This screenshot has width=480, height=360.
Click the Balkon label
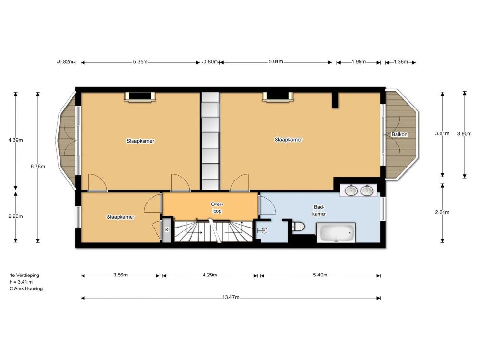pyautogui.click(x=399, y=134)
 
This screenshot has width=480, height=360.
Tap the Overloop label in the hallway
pyautogui.click(x=217, y=207)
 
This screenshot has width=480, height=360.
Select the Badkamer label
pyautogui.click(x=319, y=210)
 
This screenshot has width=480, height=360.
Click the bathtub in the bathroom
pyautogui.click(x=336, y=233)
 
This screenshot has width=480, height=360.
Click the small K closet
pyautogui.click(x=167, y=229)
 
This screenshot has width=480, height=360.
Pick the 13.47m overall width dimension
pyautogui.click(x=231, y=297)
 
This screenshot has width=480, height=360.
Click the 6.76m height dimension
pyautogui.click(x=37, y=167)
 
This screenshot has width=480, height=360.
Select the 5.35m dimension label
pyautogui.click(x=140, y=62)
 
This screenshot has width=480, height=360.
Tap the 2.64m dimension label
pyautogui.click(x=442, y=212)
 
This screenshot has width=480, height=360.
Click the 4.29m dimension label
pyautogui.click(x=210, y=275)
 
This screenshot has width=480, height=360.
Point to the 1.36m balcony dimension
pyautogui.click(x=401, y=62)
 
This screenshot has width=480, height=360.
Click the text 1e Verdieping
pyautogui.click(x=24, y=275)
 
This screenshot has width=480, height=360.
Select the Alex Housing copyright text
pyautogui.click(x=26, y=288)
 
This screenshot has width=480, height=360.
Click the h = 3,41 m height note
pyautogui.click(x=21, y=282)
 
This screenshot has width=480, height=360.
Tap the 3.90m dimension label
pyautogui.click(x=464, y=134)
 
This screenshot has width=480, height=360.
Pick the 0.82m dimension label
pyautogui.click(x=66, y=62)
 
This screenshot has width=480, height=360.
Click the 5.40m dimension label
pyautogui.click(x=320, y=275)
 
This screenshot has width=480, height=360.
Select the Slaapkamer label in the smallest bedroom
pyautogui.click(x=120, y=217)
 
